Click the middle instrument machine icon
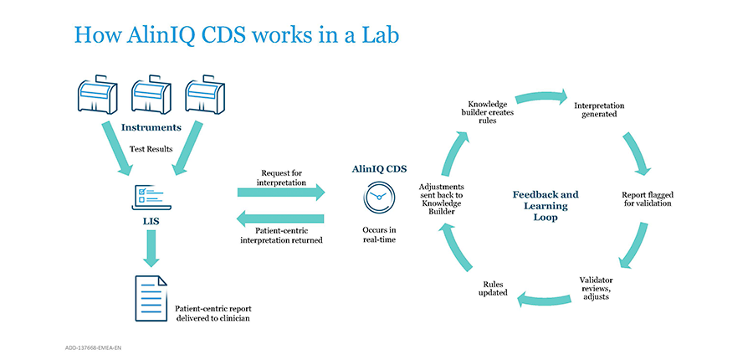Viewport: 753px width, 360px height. coord(151,95)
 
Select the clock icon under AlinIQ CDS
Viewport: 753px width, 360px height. coord(379,197)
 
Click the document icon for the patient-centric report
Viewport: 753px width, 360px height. coord(151,298)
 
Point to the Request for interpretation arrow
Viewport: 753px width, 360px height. coord(281,193)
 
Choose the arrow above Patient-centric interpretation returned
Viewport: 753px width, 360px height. coord(281,219)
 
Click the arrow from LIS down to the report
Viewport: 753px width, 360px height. coord(151,249)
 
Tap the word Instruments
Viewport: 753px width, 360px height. coord(151,127)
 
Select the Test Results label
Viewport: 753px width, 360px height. coord(151,149)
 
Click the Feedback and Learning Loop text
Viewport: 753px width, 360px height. coord(546,206)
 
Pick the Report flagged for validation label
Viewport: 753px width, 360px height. coord(647,199)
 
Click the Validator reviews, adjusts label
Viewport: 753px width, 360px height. coord(596,288)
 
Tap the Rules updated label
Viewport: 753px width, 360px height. coord(493,288)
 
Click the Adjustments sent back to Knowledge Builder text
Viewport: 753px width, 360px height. coord(441,198)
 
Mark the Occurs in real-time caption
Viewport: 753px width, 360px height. coord(379,234)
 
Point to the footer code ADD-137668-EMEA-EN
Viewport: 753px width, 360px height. coord(93,347)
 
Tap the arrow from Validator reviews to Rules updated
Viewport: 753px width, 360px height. coord(544,300)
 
